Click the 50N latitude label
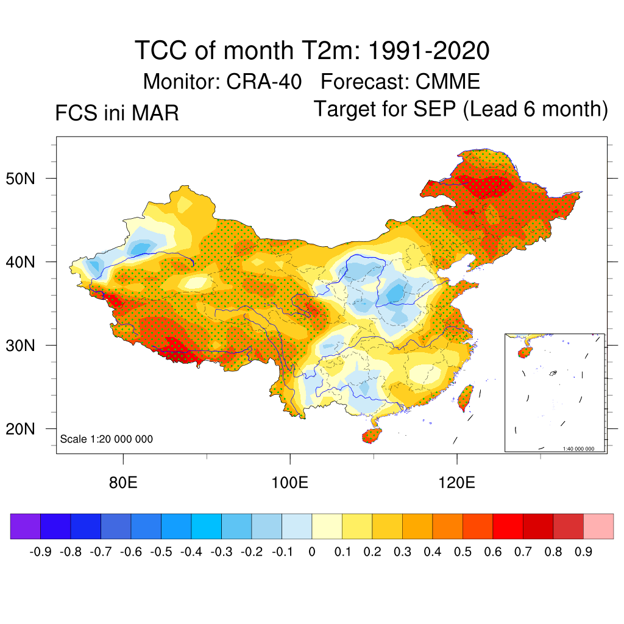[28, 179]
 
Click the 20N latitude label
[28, 429]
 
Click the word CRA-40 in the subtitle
[264, 81]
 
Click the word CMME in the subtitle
[448, 81]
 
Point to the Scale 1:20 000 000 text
[107, 439]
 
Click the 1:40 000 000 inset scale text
[583, 448]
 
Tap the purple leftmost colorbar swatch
[26, 526]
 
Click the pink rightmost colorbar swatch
[598, 526]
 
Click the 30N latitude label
[28, 346]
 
